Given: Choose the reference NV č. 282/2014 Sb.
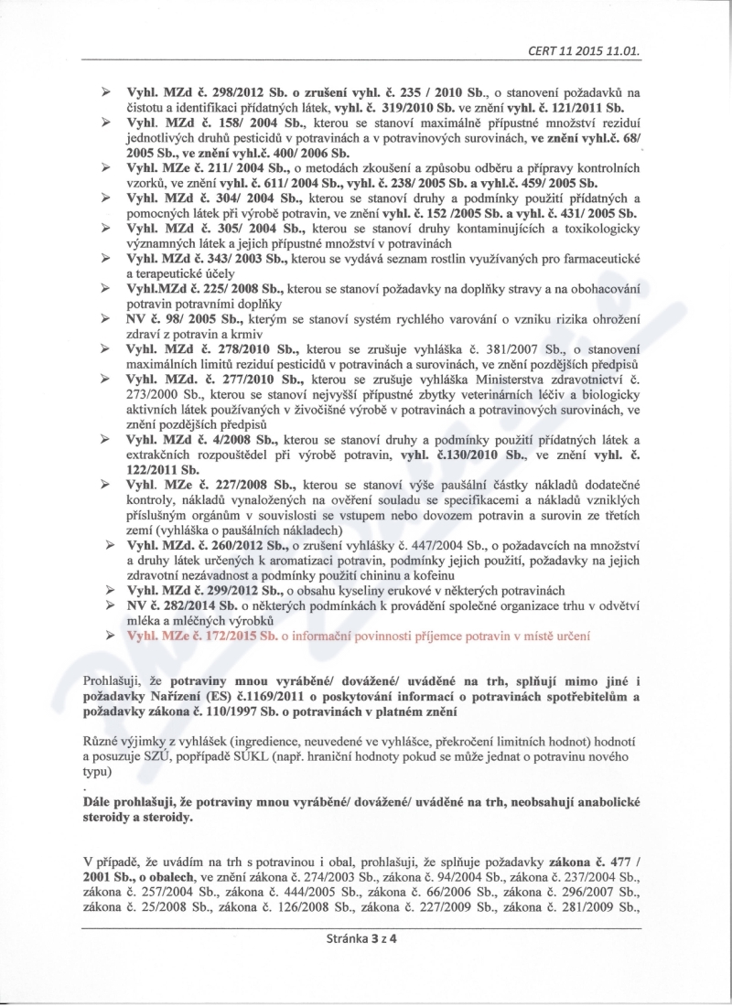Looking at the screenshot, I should (187, 606).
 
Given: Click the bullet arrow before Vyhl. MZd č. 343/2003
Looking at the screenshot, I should (105, 262).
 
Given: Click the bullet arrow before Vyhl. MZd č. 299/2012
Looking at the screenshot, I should (105, 592).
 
